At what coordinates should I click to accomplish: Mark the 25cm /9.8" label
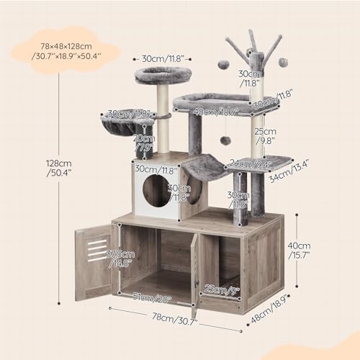tap(267, 136)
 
